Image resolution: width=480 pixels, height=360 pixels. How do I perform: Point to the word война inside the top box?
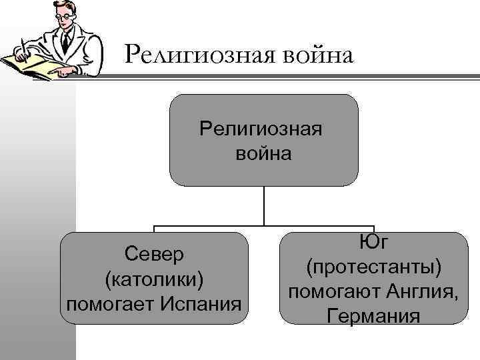(264, 155)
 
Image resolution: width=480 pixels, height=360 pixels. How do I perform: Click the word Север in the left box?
(154, 253)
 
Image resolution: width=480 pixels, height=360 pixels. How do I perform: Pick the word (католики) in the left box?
(154, 279)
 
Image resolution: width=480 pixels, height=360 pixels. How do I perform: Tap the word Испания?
(200, 304)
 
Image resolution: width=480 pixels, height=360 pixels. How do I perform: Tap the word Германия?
(373, 315)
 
